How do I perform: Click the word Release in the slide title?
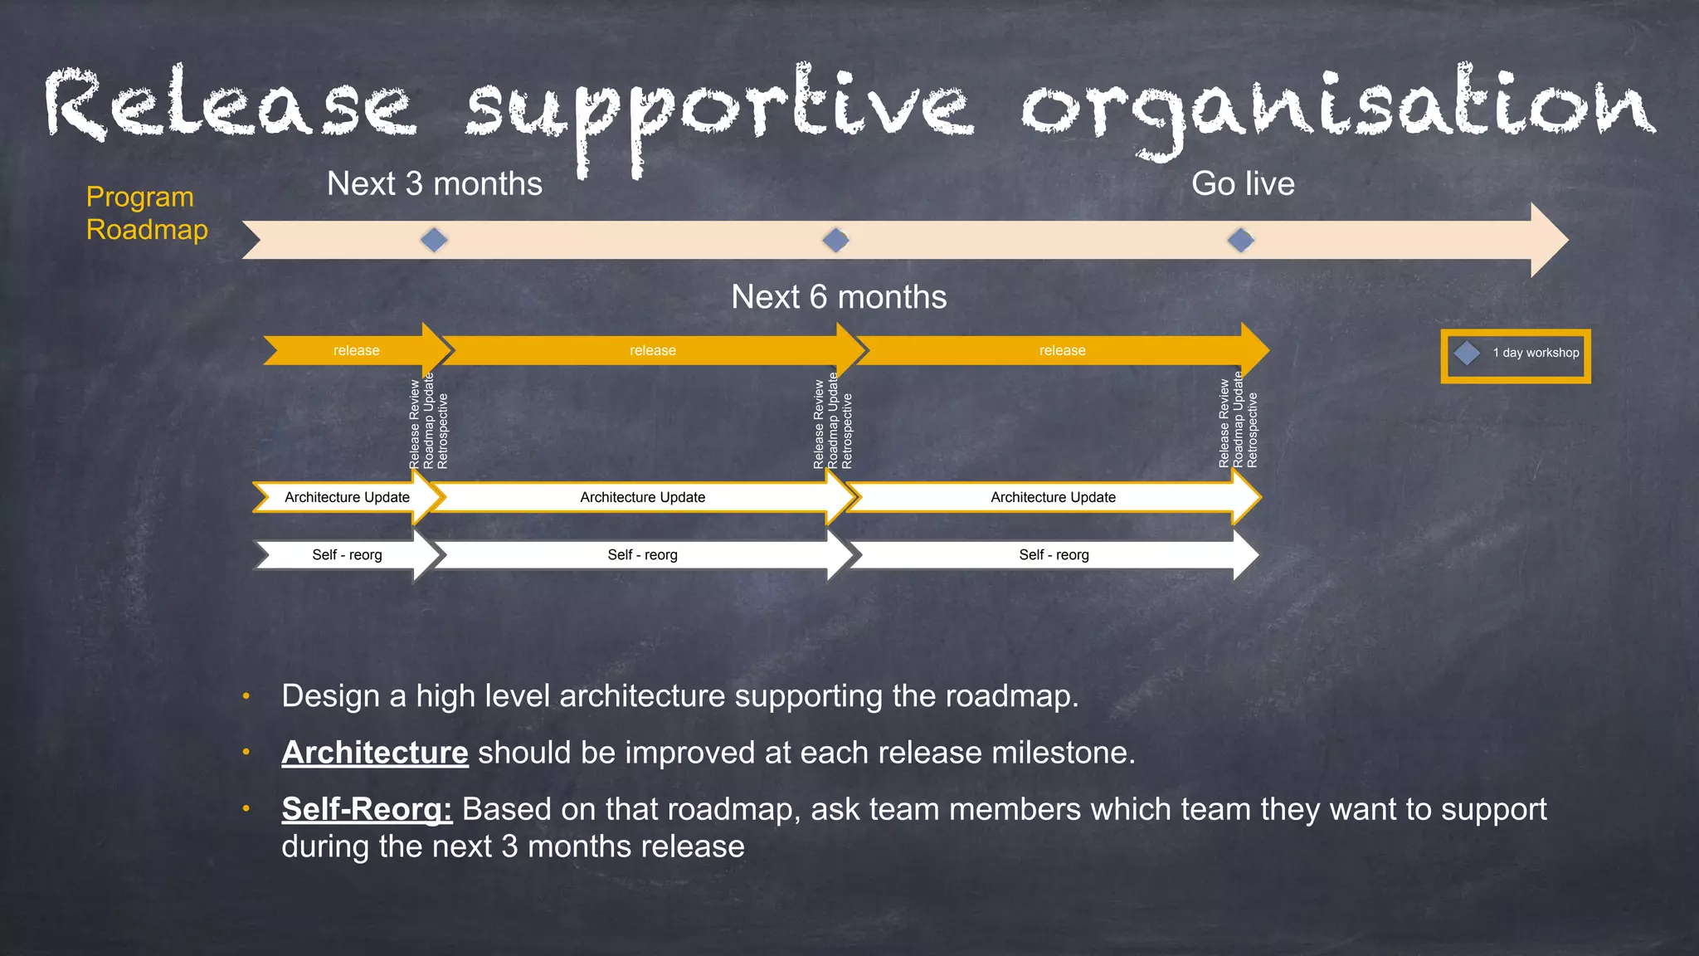coord(228,104)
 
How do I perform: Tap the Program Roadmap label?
coord(146,213)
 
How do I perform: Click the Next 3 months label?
coord(434,183)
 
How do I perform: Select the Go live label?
coord(1243,183)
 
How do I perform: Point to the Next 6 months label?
coord(839,297)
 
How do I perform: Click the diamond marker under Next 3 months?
coord(434,241)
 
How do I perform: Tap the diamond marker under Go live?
coord(1241,241)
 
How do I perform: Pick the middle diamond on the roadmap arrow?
coord(835,241)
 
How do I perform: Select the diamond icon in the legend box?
coord(1467,353)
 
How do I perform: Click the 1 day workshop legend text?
coord(1536,353)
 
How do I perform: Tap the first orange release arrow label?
coord(356,351)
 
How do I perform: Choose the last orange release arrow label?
coord(1062,351)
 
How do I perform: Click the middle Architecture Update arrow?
coord(642,497)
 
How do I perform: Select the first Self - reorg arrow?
coord(347,555)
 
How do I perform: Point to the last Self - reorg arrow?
coord(1054,555)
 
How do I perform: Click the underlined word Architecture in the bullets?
coord(375,753)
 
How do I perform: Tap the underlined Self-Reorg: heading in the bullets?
coord(367,809)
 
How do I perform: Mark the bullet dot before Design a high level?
coord(246,696)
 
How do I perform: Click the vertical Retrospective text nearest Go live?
coord(1253,430)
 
